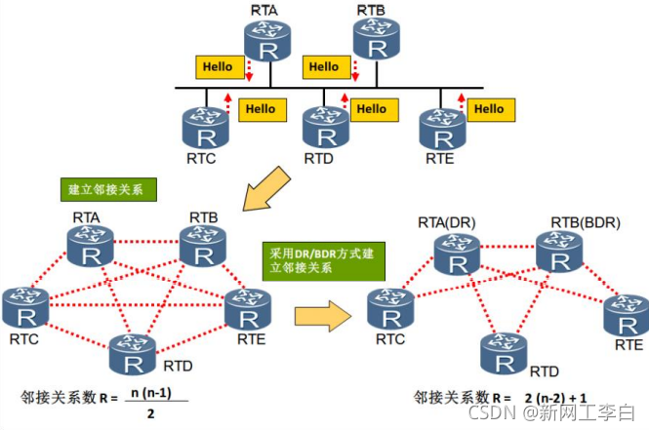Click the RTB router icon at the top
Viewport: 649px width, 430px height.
373,37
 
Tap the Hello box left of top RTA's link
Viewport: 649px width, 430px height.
218,67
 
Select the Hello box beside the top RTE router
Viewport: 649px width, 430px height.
488,108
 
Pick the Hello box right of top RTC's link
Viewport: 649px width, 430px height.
262,108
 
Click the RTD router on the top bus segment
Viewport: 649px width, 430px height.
322,125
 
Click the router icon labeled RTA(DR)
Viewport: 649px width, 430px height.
457,253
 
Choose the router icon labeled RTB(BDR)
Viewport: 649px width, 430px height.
560,252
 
